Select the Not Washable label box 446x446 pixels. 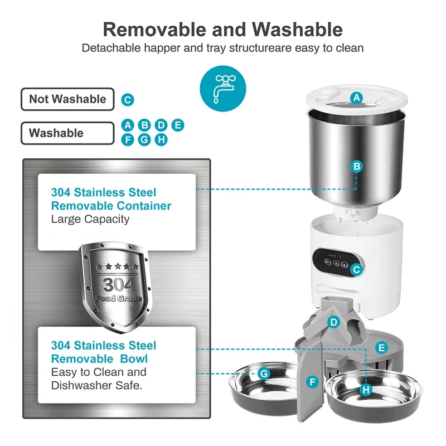coord(67,99)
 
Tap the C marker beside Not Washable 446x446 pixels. coord(128,100)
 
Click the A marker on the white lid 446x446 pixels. coord(357,98)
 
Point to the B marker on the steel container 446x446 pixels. coord(357,166)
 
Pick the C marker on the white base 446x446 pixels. coord(357,269)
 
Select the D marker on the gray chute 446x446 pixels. coord(333,322)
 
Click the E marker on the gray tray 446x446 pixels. coord(381,348)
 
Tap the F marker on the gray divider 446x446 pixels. coord(313,382)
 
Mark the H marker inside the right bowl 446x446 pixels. coord(366,390)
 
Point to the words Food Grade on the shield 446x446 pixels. coord(118,299)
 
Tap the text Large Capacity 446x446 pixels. coord(90,219)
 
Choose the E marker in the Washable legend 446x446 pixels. coord(178,125)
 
